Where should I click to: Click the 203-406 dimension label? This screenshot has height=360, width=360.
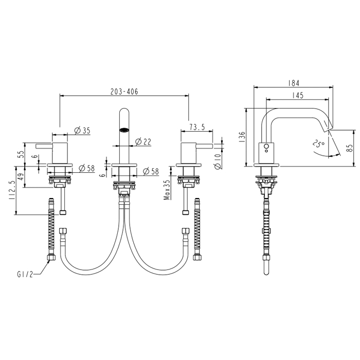pyautogui.click(x=124, y=92)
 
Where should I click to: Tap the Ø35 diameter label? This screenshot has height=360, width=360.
pyautogui.click(x=82, y=131)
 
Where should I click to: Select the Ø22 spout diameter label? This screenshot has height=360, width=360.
pyautogui.click(x=143, y=142)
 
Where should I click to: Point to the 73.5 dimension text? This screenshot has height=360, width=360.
pyautogui.click(x=197, y=127)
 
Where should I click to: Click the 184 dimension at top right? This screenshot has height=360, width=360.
pyautogui.click(x=294, y=83)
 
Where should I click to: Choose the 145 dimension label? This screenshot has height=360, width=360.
pyautogui.click(x=298, y=95)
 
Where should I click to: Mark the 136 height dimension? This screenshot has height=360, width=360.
pyautogui.click(x=242, y=137)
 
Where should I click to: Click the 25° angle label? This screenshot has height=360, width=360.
pyautogui.click(x=318, y=144)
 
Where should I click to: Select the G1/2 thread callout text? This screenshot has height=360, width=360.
pyautogui.click(x=25, y=274)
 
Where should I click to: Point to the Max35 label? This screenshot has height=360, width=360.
pyautogui.click(x=167, y=190)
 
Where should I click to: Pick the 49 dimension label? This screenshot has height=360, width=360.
pyautogui.click(x=21, y=177)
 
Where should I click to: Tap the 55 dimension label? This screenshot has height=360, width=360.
pyautogui.click(x=21, y=154)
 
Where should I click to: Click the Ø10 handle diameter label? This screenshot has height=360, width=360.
pyautogui.click(x=218, y=161)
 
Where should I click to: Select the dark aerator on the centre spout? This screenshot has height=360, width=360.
pyautogui.click(x=124, y=130)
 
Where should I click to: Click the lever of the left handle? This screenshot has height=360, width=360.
pyautogui.click(x=44, y=146)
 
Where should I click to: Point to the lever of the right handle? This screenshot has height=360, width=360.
pyautogui.click(x=204, y=146)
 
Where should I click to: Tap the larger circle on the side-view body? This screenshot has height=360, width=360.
pyautogui.click(x=266, y=146)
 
